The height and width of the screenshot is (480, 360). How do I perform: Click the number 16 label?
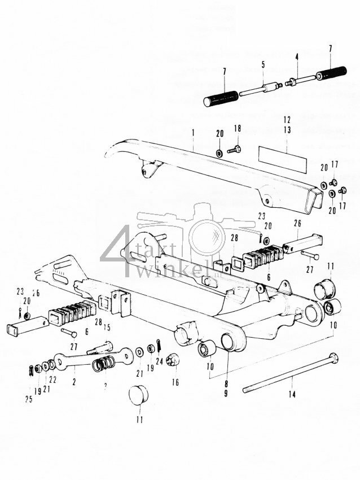175,382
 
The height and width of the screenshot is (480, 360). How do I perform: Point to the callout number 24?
159,361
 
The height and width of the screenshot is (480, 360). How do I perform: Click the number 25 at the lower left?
29,399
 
